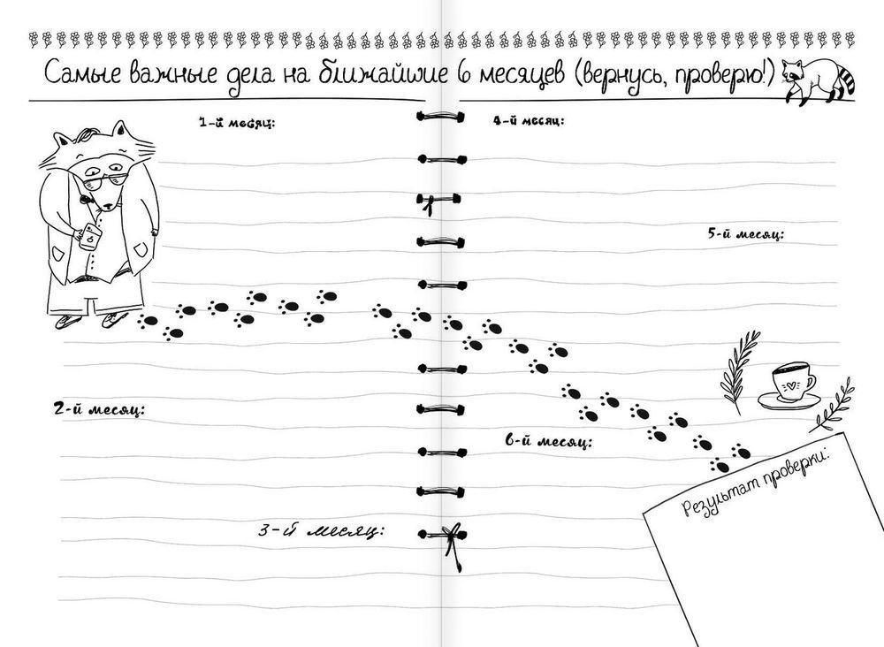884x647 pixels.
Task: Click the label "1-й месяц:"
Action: pyautogui.click(x=236, y=124)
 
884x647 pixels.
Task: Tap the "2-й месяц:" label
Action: pyautogui.click(x=99, y=410)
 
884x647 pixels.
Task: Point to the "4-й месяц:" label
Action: pyautogui.click(x=529, y=120)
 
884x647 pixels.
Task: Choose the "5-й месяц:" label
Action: pyautogui.click(x=746, y=234)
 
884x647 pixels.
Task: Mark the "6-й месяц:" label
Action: pyautogui.click(x=549, y=441)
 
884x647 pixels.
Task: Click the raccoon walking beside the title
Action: pyautogui.click(x=819, y=80)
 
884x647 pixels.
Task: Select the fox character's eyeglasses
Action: pyautogui.click(x=106, y=180)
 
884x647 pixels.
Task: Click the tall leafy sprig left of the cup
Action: pyautogui.click(x=738, y=372)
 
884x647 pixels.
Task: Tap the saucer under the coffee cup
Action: pyautogui.click(x=789, y=400)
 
